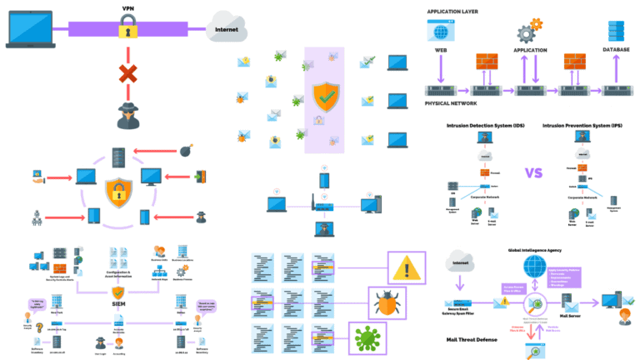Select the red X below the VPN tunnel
[x=127, y=75]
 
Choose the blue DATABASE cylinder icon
[x=616, y=32]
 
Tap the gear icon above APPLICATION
[x=527, y=33]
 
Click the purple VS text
[x=534, y=174]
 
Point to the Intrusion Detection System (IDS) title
[x=484, y=126]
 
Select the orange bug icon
[x=363, y=301]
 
